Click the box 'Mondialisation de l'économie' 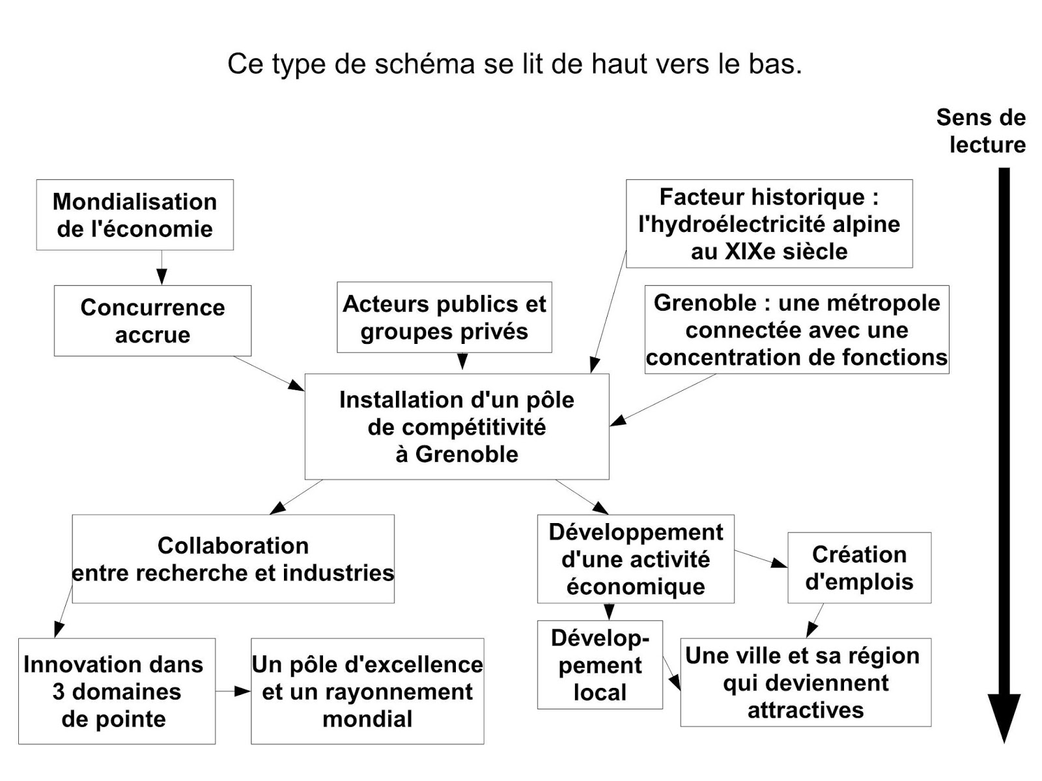click(x=135, y=215)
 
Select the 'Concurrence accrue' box click(x=152, y=320)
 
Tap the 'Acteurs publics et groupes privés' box click(x=444, y=317)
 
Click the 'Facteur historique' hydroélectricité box click(x=769, y=223)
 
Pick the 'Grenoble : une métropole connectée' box click(x=796, y=330)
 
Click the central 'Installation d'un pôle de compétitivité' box click(x=457, y=427)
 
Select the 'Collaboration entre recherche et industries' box click(x=233, y=559)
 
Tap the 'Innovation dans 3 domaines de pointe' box click(x=117, y=691)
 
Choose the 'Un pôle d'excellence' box click(x=367, y=691)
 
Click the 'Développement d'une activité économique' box click(x=636, y=559)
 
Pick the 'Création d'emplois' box click(x=859, y=567)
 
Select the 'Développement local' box click(x=600, y=664)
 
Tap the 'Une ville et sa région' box click(x=806, y=682)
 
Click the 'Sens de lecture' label click(x=981, y=130)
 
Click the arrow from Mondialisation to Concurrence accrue click(x=162, y=268)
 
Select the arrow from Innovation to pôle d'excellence click(x=233, y=691)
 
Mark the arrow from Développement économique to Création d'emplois click(x=761, y=559)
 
